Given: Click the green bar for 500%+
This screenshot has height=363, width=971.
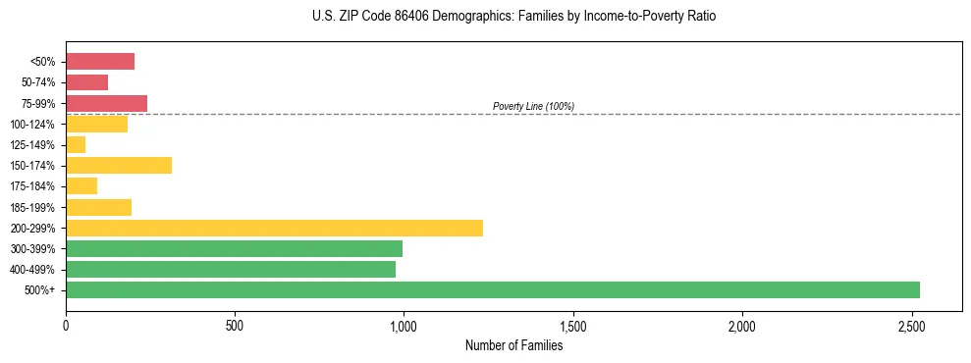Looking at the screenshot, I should click(492, 289).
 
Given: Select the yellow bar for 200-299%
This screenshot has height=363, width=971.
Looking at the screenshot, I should click(274, 228).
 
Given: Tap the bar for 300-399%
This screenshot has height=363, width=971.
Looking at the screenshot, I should click(234, 248).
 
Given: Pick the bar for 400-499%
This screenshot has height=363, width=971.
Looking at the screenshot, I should click(231, 269).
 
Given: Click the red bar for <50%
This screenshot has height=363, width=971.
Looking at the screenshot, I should click(100, 62).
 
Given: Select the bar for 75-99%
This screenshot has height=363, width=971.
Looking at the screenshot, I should click(106, 103).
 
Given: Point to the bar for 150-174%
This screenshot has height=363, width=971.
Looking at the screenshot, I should click(119, 165).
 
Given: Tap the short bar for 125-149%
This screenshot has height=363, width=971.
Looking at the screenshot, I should click(76, 144).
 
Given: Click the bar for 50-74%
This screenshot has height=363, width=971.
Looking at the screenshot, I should click(86, 82).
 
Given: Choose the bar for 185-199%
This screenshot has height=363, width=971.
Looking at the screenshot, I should click(98, 207).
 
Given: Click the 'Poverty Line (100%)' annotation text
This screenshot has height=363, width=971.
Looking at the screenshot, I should click(533, 106).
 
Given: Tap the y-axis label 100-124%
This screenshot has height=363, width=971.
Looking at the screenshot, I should click(32, 125).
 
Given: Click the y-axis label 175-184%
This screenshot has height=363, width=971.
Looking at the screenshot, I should click(32, 186).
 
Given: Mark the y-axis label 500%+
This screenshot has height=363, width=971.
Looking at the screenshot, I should click(41, 290).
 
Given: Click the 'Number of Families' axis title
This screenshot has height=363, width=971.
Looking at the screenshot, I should click(513, 345).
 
